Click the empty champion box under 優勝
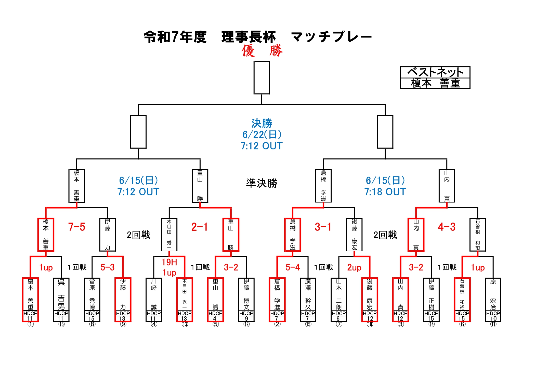point(262,78)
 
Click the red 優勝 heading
point(262,50)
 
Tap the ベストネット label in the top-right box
point(435,72)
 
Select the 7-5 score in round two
point(76,227)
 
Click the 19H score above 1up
point(169,262)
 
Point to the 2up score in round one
point(354,267)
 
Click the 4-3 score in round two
point(447,227)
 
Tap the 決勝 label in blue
point(262,123)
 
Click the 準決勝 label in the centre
point(262,183)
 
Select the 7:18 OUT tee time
point(385,192)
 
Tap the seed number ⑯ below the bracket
point(61,324)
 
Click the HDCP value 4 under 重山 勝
point(215,319)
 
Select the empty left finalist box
point(138,132)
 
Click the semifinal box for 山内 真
point(447,186)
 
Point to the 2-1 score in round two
point(200,227)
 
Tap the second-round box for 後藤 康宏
point(354,235)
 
